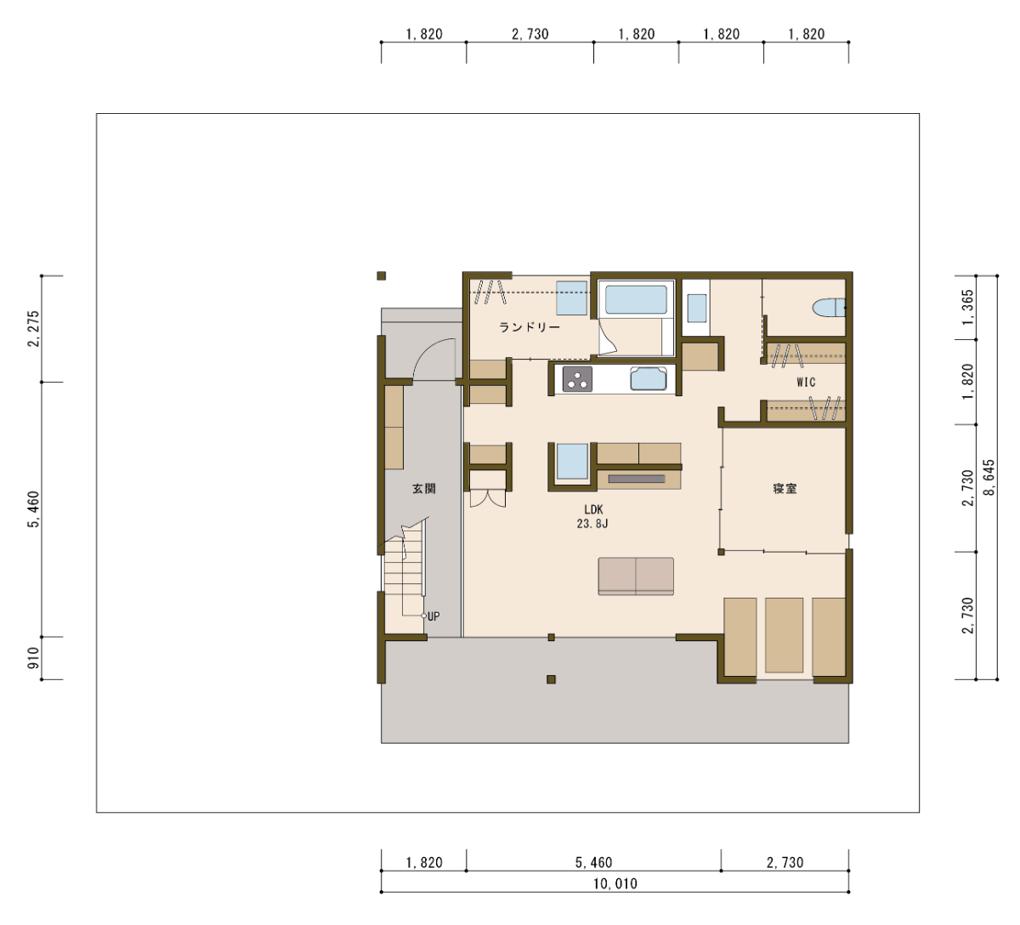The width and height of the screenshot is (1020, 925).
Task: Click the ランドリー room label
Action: coord(530,327)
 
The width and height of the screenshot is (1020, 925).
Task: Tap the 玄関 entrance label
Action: coord(423,489)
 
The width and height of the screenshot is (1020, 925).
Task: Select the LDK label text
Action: coord(593,509)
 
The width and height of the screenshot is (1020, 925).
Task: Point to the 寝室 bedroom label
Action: coord(785,489)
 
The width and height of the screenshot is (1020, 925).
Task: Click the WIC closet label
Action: coord(806,382)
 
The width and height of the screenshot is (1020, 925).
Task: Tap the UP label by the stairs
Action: coord(433,616)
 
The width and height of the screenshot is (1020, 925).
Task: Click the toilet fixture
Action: coord(829,308)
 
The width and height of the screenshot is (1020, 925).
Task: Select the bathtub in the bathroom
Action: coord(636,299)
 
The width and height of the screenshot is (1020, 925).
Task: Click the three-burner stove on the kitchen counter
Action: coord(577,379)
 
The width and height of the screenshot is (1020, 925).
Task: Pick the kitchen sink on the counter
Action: coord(649,379)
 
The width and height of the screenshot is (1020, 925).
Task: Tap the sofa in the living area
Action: coord(636,576)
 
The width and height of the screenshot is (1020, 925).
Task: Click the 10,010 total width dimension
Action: coord(615,883)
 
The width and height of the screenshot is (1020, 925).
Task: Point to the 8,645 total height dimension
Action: coord(989,477)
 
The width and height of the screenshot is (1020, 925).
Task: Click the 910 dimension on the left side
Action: coord(33,658)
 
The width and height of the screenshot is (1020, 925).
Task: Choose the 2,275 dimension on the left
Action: coord(33,329)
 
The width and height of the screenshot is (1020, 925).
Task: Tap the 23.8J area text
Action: coord(592,524)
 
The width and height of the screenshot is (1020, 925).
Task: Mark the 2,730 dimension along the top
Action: coord(530,34)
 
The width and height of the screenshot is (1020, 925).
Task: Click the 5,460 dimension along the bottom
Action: coord(593,862)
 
